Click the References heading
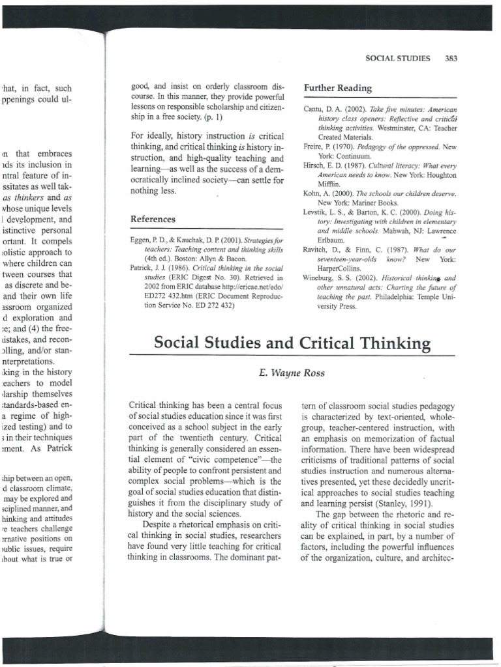point(152,220)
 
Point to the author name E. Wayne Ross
point(280,373)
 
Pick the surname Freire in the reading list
point(314,148)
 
